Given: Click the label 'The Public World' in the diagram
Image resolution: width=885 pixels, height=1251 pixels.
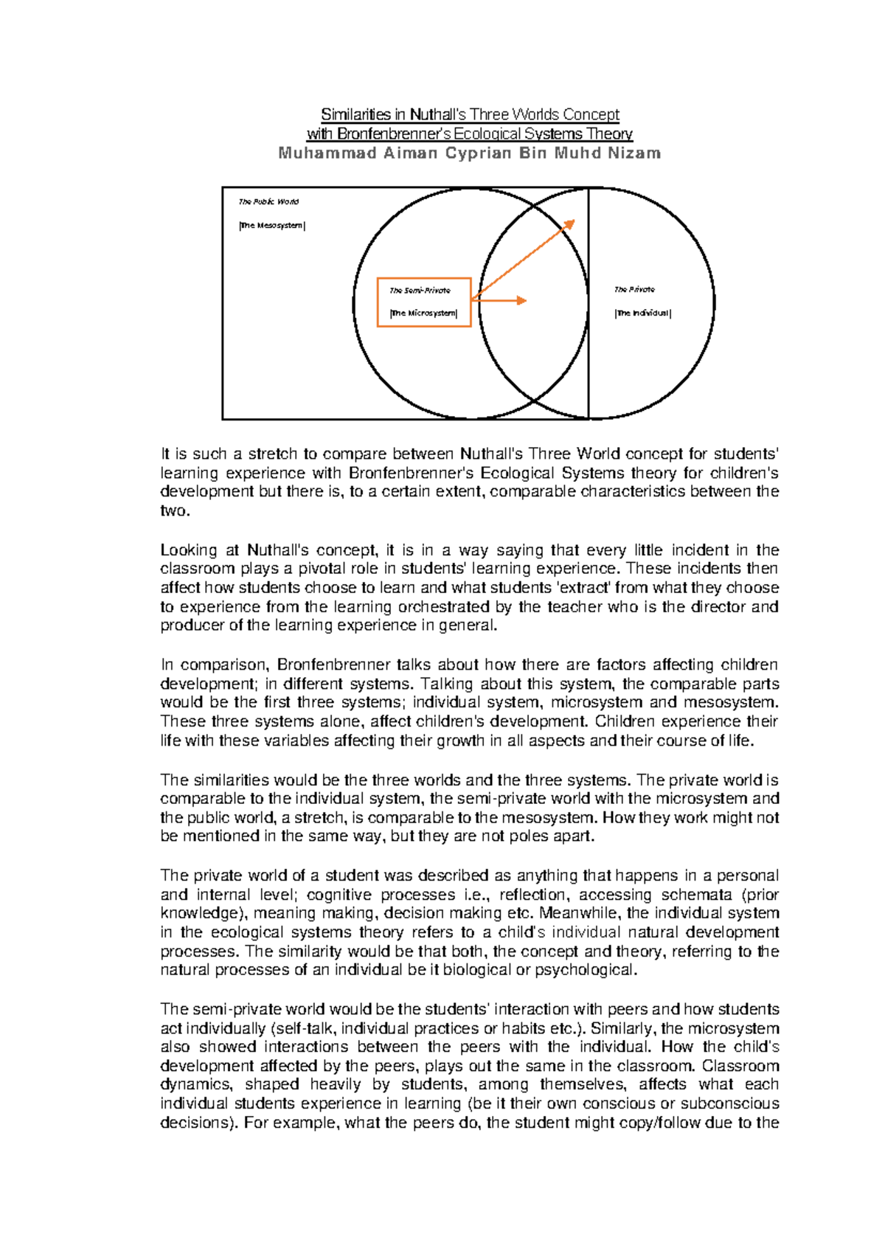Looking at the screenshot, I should [268, 201].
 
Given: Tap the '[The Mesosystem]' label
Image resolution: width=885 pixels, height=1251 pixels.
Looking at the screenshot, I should [271, 226].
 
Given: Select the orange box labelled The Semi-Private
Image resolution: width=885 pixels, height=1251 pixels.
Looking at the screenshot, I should [423, 302].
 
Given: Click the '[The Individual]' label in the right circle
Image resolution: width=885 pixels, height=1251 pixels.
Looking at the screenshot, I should [642, 313].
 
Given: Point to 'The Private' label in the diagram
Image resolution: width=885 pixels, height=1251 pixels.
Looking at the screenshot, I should [634, 290].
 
